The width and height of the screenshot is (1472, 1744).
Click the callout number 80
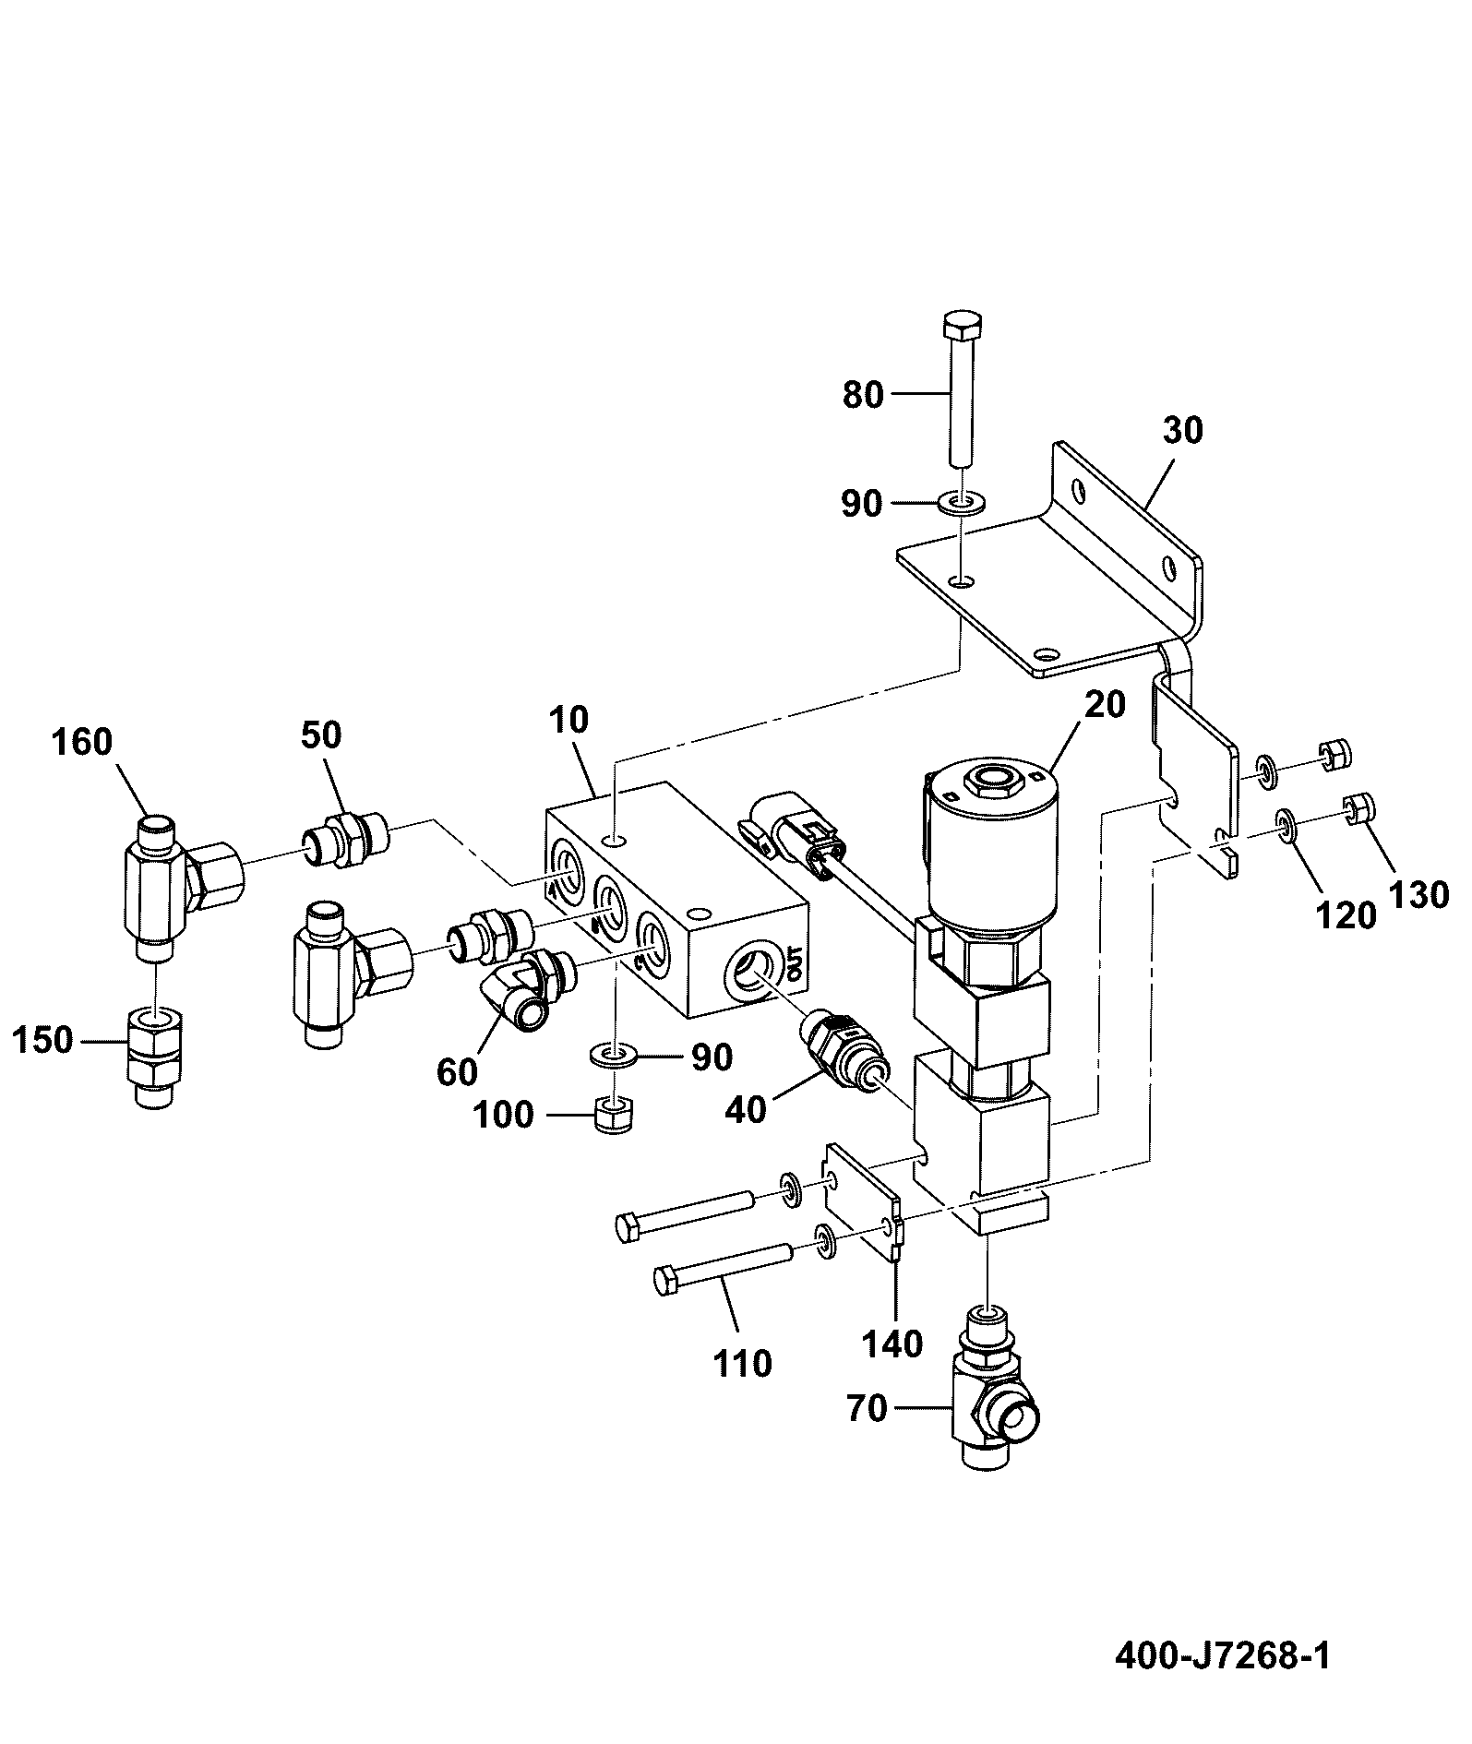(x=863, y=395)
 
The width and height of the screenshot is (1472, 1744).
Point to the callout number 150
(x=42, y=1040)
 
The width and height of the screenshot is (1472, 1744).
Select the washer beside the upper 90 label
(x=962, y=504)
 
